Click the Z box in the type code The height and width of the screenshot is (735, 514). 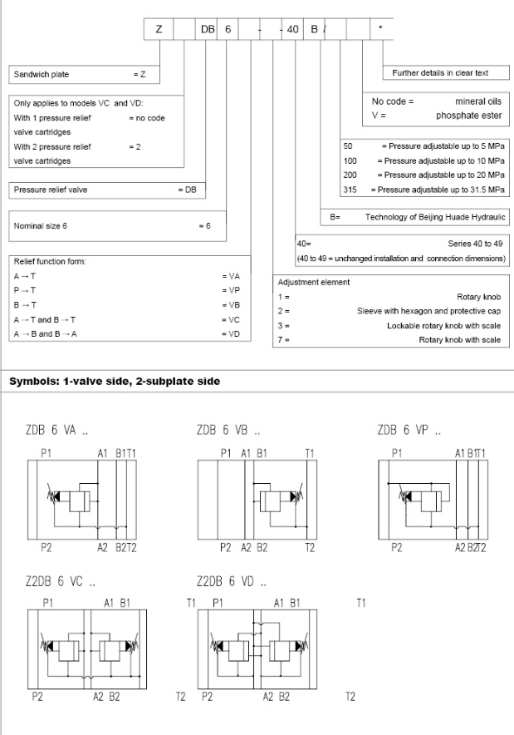click(x=159, y=29)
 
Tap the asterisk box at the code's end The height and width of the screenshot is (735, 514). click(x=381, y=29)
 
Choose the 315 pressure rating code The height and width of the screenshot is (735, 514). click(x=350, y=190)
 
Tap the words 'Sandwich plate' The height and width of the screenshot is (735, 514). click(x=39, y=74)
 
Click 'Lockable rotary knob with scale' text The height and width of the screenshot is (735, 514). click(x=443, y=326)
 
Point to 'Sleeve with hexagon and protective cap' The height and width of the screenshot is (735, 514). click(x=428, y=311)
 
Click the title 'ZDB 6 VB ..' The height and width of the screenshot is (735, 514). click(x=229, y=432)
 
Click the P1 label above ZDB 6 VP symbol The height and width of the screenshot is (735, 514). click(x=397, y=453)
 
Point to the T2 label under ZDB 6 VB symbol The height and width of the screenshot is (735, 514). click(x=310, y=547)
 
